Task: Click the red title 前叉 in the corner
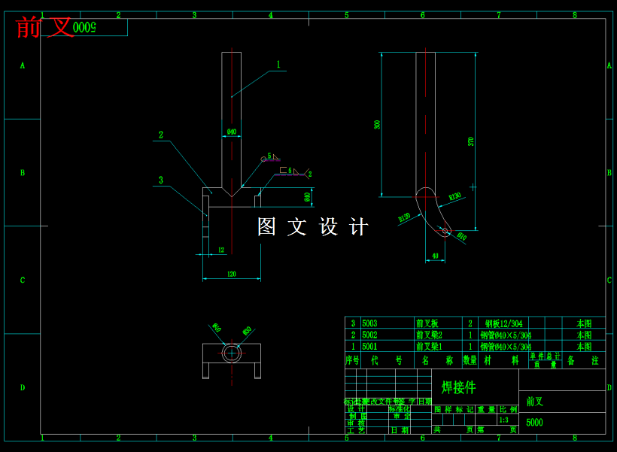(x=45, y=28)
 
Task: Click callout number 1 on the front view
(x=278, y=65)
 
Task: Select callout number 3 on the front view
(x=160, y=180)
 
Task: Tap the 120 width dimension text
(x=232, y=275)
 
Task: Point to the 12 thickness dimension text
(x=220, y=250)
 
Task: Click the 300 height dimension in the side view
(x=377, y=124)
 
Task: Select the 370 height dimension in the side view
(x=471, y=141)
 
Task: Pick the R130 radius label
(x=454, y=196)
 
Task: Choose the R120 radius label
(x=405, y=218)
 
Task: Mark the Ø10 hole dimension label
(x=462, y=236)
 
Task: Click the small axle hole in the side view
(x=445, y=230)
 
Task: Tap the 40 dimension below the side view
(x=435, y=256)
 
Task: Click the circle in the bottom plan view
(x=232, y=352)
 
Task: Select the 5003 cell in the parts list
(x=370, y=323)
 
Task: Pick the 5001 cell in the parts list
(x=370, y=347)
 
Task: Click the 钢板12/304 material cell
(x=503, y=323)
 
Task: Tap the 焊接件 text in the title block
(x=459, y=387)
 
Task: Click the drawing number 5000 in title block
(x=534, y=423)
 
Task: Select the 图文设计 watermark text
(x=313, y=227)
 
